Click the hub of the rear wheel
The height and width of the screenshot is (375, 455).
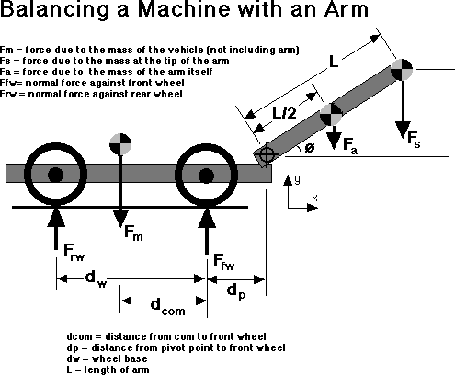point(56,176)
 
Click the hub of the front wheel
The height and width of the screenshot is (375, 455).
point(206,176)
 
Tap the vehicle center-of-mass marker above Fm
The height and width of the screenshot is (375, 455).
point(120,144)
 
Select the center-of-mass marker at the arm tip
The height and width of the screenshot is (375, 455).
point(402,70)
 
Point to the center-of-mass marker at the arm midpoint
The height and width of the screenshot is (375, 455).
point(331,115)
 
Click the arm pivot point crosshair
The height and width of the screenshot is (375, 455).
point(266,155)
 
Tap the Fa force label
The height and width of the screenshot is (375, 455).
point(350,145)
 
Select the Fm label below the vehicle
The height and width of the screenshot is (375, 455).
point(133,233)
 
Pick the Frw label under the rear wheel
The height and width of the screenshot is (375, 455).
point(74,253)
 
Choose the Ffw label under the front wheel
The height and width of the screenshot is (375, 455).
point(224,262)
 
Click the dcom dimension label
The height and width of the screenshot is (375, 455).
point(168,307)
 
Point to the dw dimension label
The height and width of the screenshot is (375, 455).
point(96,279)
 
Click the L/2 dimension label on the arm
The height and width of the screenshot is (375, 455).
point(285,113)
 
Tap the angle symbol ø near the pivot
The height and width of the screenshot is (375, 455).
point(310,148)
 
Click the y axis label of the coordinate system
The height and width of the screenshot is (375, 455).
point(297,180)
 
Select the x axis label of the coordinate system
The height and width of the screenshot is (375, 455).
point(314,198)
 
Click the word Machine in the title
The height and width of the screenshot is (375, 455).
point(184,9)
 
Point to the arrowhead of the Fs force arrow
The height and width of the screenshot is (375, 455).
point(403,131)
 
